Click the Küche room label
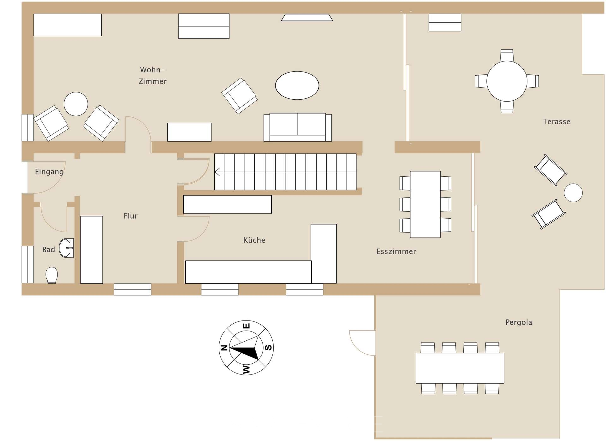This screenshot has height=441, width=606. [254, 240]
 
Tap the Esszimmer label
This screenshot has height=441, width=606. [396, 251]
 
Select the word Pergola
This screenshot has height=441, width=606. [519, 322]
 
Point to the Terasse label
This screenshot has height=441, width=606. [556, 122]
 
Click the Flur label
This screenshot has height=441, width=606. [130, 216]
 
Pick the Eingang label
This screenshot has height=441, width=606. [49, 172]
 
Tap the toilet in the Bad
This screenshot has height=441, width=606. [52, 275]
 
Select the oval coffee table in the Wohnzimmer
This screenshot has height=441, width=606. [297, 85]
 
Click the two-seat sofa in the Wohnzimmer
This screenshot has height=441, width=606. [298, 127]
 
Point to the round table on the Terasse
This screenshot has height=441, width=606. [507, 81]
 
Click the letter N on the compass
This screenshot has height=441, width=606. [224, 348]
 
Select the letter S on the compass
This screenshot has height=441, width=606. [268, 348]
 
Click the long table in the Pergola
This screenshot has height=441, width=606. [460, 368]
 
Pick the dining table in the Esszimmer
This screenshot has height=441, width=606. [425, 204]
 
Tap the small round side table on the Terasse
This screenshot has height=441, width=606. [573, 193]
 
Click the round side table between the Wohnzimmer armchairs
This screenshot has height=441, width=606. [76, 104]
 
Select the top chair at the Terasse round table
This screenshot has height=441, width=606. [507, 55]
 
